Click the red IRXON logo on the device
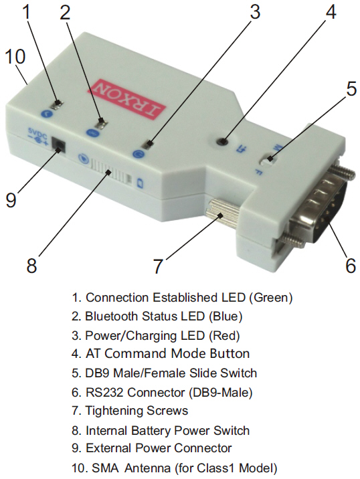(130, 98)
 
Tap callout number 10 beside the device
(15, 57)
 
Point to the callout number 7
(157, 266)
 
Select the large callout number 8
(31, 265)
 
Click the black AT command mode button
(223, 141)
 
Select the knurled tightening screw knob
(222, 215)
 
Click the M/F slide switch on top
(269, 159)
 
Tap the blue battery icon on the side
(141, 184)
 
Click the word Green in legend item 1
(270, 298)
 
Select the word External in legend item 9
(109, 448)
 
